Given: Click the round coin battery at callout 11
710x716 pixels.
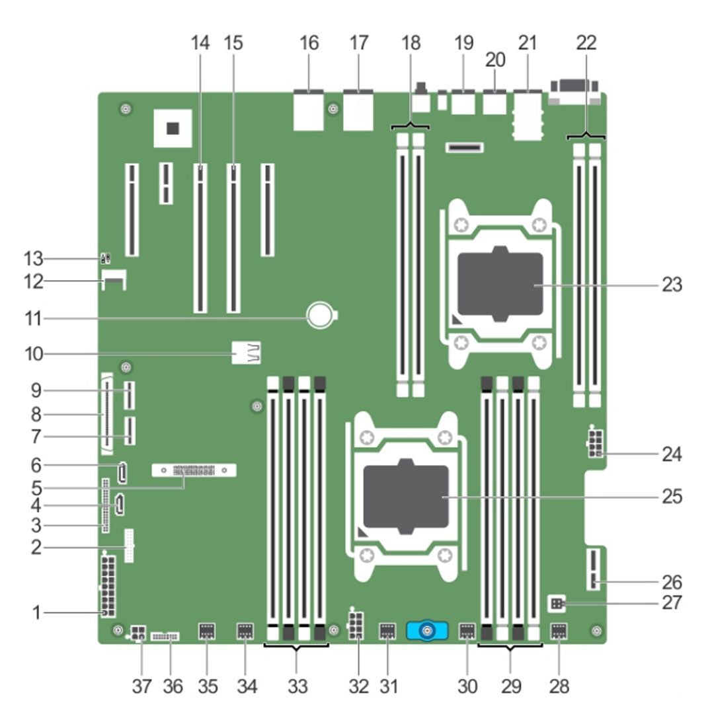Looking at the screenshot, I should pyautogui.click(x=322, y=316).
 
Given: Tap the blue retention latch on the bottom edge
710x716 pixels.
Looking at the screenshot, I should pyautogui.click(x=428, y=631).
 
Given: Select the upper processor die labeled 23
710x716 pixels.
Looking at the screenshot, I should pyautogui.click(x=500, y=284).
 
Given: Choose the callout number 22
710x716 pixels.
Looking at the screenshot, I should pyautogui.click(x=586, y=44).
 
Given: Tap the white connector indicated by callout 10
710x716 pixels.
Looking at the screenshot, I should pyautogui.click(x=247, y=353).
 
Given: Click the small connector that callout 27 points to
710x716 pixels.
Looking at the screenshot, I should pyautogui.click(x=556, y=602).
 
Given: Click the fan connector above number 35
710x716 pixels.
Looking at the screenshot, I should pyautogui.click(x=206, y=632).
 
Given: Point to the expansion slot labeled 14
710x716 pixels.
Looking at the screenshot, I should pyautogui.click(x=201, y=238).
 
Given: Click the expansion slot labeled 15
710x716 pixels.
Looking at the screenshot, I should pyautogui.click(x=233, y=238).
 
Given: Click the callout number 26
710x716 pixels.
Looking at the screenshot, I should pyautogui.click(x=672, y=582).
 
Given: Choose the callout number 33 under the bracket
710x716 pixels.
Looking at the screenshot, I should pyautogui.click(x=297, y=686).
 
